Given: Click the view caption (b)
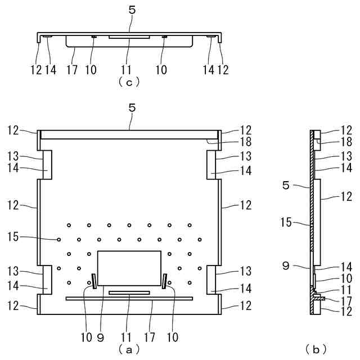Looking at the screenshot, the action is [x=316, y=349].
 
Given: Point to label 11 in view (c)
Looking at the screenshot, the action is [x=128, y=70].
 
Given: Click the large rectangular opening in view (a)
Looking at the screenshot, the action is [x=129, y=268].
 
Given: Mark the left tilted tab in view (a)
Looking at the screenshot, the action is [x=93, y=280].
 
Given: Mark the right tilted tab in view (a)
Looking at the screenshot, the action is [x=165, y=280].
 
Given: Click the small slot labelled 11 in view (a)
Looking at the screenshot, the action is [x=129, y=292].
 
